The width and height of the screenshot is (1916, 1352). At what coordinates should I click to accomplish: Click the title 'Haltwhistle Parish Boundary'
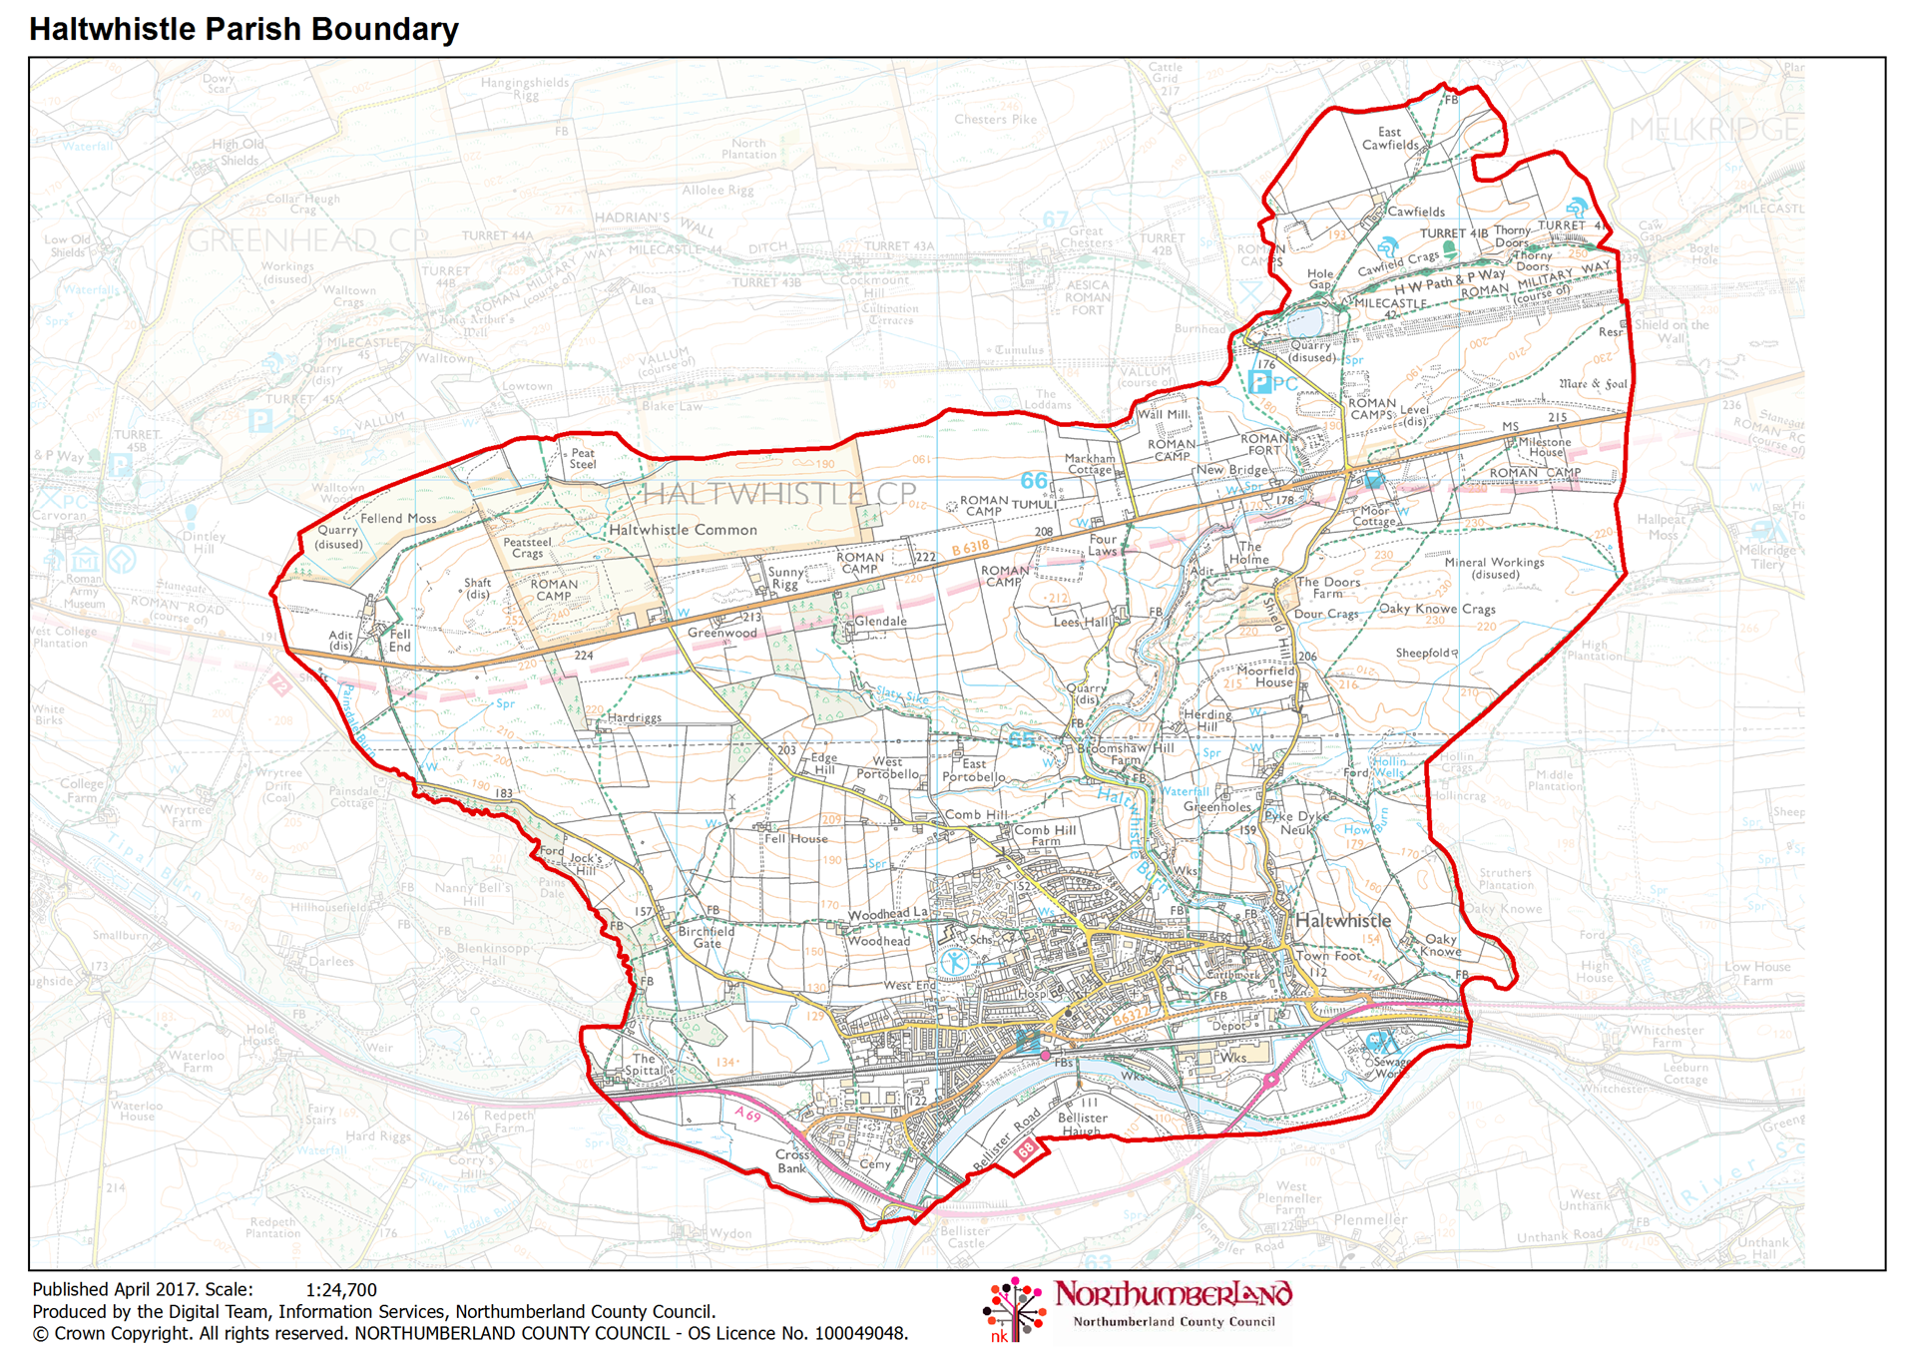pyautogui.click(x=243, y=29)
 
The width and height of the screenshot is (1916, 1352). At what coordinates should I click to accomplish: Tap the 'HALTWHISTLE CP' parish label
pyautogui.click(x=778, y=493)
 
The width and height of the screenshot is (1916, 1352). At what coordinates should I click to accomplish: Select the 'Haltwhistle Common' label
pyautogui.click(x=683, y=530)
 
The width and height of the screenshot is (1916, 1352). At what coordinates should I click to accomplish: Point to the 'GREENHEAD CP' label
pyautogui.click(x=307, y=239)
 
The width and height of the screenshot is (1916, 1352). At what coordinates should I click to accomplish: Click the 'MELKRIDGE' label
pyautogui.click(x=1714, y=129)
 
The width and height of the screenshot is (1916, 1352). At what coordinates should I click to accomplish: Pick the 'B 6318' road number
pyautogui.click(x=970, y=548)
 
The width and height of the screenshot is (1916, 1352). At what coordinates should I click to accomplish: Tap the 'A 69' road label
pyautogui.click(x=747, y=1114)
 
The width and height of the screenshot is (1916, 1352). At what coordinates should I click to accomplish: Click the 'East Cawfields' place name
pyautogui.click(x=1390, y=139)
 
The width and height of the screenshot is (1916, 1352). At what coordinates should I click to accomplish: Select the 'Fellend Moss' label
pyautogui.click(x=398, y=518)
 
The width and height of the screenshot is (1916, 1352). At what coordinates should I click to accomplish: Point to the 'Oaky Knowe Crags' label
pyautogui.click(x=1437, y=609)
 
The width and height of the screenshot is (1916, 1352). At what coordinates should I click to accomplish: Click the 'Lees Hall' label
pyautogui.click(x=1083, y=622)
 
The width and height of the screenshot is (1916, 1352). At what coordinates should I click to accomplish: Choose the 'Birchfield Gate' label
pyautogui.click(x=707, y=937)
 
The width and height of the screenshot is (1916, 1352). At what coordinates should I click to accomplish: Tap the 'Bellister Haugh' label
pyautogui.click(x=1082, y=1124)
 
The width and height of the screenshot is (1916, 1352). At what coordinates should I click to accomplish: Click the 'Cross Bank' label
pyautogui.click(x=791, y=1160)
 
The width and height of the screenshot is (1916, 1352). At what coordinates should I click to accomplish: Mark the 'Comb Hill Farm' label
pyautogui.click(x=1045, y=835)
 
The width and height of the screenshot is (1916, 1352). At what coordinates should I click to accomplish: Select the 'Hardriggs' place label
pyautogui.click(x=634, y=717)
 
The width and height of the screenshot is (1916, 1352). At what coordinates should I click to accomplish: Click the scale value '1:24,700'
pyautogui.click(x=341, y=1289)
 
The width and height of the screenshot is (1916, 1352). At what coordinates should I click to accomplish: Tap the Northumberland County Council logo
pyautogui.click(x=1139, y=1308)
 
